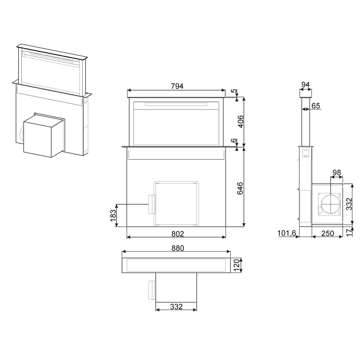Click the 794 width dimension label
[x=177, y=86]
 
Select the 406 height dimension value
[x=240, y=121]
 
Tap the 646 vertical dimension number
[x=240, y=188]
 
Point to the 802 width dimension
[x=178, y=234]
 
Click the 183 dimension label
[x=113, y=216]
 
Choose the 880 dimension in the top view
[x=178, y=248]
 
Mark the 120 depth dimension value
[x=236, y=265]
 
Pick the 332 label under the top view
[x=176, y=307]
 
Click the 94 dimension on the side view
[x=306, y=84]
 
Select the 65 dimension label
[x=316, y=106]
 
